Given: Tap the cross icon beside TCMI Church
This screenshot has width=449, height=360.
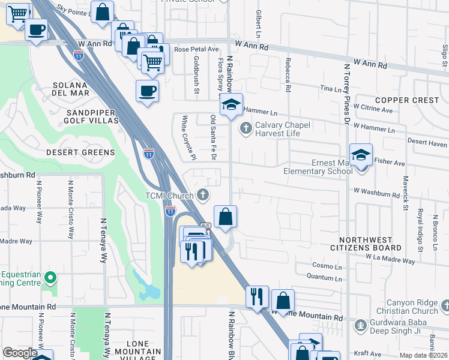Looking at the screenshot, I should (x=203, y=194).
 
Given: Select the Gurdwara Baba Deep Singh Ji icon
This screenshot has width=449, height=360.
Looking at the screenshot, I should (x=360, y=325).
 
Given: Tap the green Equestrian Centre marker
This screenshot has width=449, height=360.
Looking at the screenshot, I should (x=50, y=278).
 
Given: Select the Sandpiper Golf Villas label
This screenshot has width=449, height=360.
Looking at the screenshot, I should (x=82, y=116).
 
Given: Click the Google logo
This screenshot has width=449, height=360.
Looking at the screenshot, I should (x=20, y=353).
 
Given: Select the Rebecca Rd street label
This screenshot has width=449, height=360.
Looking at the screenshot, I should (x=289, y=79).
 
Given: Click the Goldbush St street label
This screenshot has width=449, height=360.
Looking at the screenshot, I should (x=196, y=70).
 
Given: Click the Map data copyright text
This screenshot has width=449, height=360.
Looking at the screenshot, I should (x=423, y=355).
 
